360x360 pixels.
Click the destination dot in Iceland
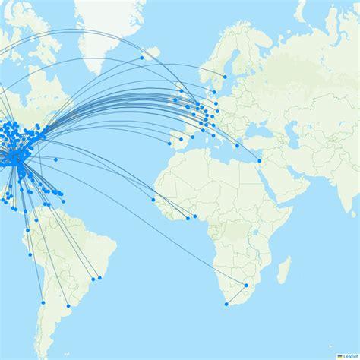tap(142, 58)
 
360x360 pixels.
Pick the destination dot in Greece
tap(238, 145)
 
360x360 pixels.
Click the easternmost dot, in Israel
tap(261, 159)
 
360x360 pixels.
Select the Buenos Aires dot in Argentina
tap(69, 305)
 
